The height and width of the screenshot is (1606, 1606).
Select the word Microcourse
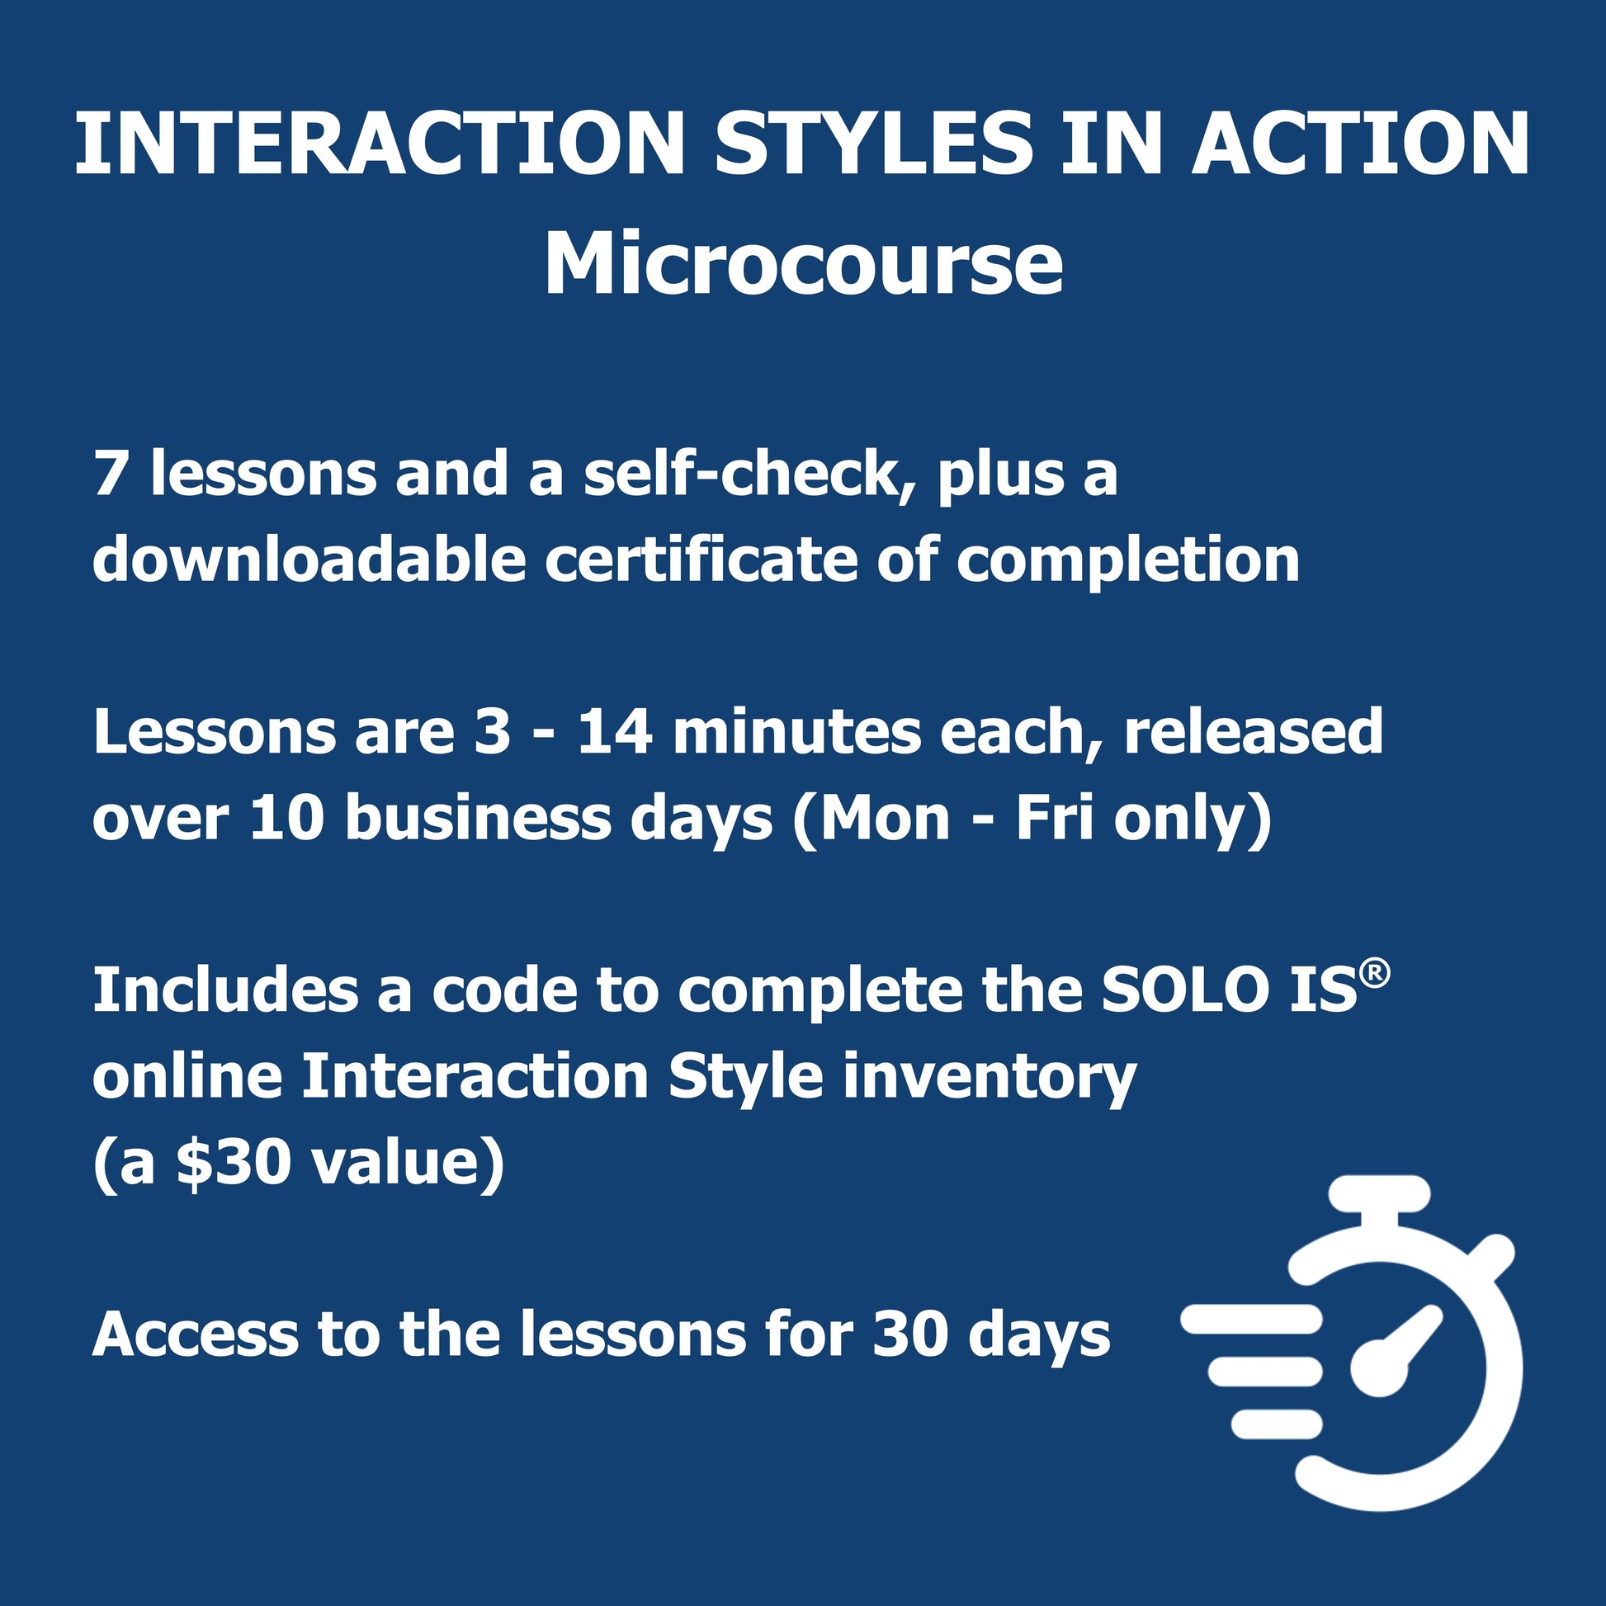(803, 264)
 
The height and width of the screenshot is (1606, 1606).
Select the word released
(1254, 731)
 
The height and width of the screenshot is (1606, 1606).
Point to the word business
(477, 818)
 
